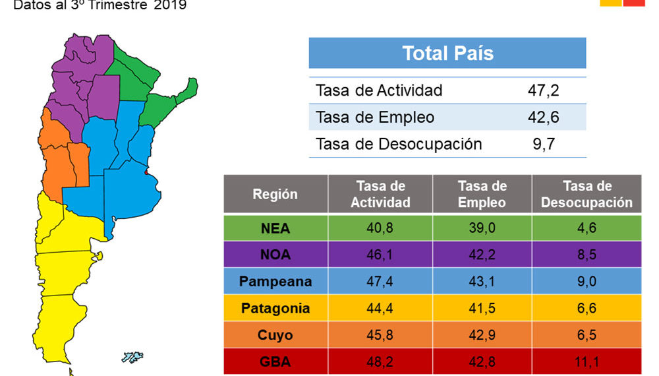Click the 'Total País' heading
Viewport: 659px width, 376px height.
(x=447, y=53)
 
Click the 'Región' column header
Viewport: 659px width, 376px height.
(x=275, y=195)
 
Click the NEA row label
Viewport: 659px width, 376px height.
(x=275, y=229)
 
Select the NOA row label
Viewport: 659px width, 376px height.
(x=275, y=255)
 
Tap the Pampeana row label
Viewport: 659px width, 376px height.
(x=275, y=282)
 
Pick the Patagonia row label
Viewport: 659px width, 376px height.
(x=275, y=308)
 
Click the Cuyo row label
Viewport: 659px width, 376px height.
(x=275, y=335)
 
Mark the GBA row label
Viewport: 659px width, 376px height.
(x=275, y=361)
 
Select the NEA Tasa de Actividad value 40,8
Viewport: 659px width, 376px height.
(x=380, y=229)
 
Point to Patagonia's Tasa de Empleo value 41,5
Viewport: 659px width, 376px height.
(x=482, y=308)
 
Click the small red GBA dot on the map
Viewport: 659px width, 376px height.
(x=146, y=172)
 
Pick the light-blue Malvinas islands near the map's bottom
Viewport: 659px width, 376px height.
(x=132, y=358)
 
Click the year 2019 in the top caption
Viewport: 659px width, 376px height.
(x=171, y=6)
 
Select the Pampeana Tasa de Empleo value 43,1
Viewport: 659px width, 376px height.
(x=482, y=282)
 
